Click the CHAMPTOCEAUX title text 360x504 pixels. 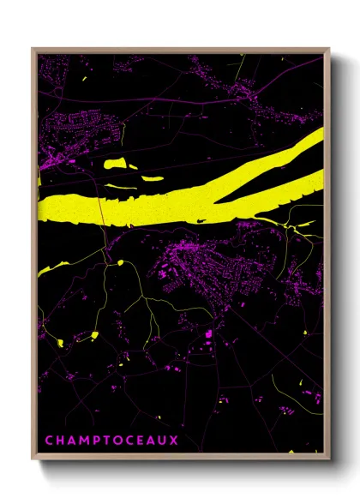point(111,441)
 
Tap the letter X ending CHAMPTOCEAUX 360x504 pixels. point(175,441)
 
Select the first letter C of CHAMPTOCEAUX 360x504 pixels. point(49,441)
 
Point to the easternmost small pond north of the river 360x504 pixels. point(152,179)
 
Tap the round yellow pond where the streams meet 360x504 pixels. point(120,261)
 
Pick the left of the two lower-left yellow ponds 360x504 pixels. point(61,343)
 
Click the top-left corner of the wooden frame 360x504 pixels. point(33,49)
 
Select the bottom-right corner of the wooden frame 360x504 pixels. point(328,457)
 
